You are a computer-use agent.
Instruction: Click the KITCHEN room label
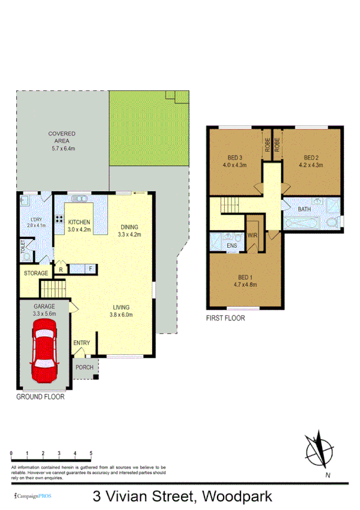[79, 223]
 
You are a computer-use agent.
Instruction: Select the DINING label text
[129, 227]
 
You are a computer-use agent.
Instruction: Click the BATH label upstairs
[305, 209]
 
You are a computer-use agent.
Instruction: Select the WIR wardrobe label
[252, 235]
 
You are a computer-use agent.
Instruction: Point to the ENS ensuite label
[231, 246]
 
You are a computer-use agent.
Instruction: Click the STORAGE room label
[35, 274]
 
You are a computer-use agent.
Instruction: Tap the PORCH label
[84, 367]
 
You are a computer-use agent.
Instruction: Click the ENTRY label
[81, 343]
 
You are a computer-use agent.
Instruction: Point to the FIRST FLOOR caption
[225, 318]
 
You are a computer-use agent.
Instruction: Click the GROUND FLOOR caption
[40, 397]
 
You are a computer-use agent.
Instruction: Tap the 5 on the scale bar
[91, 453]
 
